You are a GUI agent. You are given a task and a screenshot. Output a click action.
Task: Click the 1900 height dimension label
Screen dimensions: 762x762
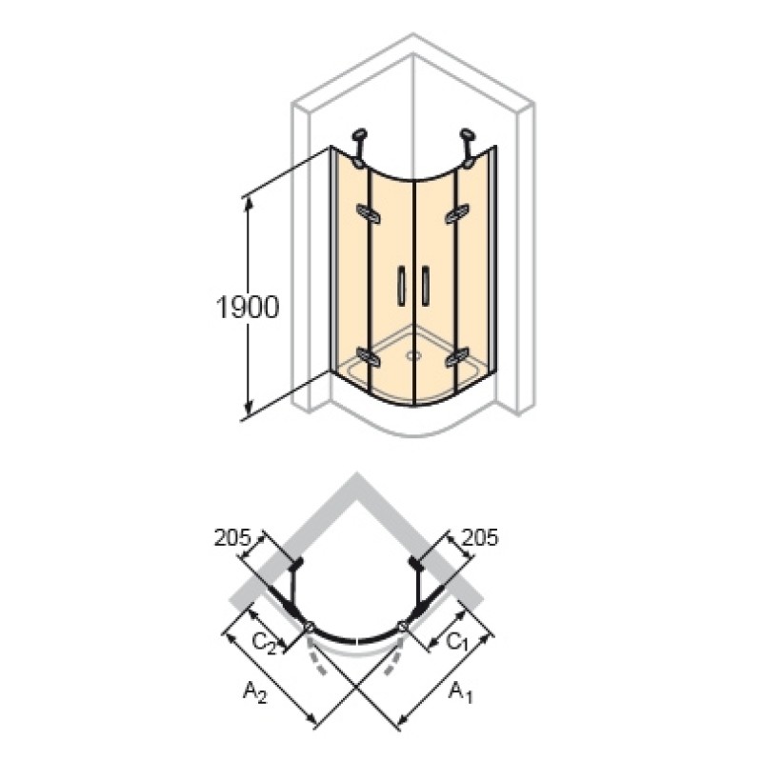[x=248, y=308]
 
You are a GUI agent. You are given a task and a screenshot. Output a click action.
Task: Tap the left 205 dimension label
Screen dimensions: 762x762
[x=232, y=537]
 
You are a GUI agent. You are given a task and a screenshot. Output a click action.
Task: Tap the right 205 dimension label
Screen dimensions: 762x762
[x=480, y=537]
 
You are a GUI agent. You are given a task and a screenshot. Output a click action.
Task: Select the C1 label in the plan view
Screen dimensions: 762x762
[x=457, y=642]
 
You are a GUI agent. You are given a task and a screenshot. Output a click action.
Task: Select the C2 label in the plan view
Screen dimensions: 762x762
[x=264, y=644]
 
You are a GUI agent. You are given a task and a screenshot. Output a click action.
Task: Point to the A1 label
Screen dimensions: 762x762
[x=460, y=692]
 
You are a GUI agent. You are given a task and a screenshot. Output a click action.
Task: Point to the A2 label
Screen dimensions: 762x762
[x=255, y=692]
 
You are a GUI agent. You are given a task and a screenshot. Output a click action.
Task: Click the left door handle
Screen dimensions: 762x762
[x=401, y=286]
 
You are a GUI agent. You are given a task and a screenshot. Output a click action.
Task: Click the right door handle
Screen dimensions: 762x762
[x=426, y=286]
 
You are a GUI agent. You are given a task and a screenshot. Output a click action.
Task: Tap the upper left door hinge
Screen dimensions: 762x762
[x=368, y=213]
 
